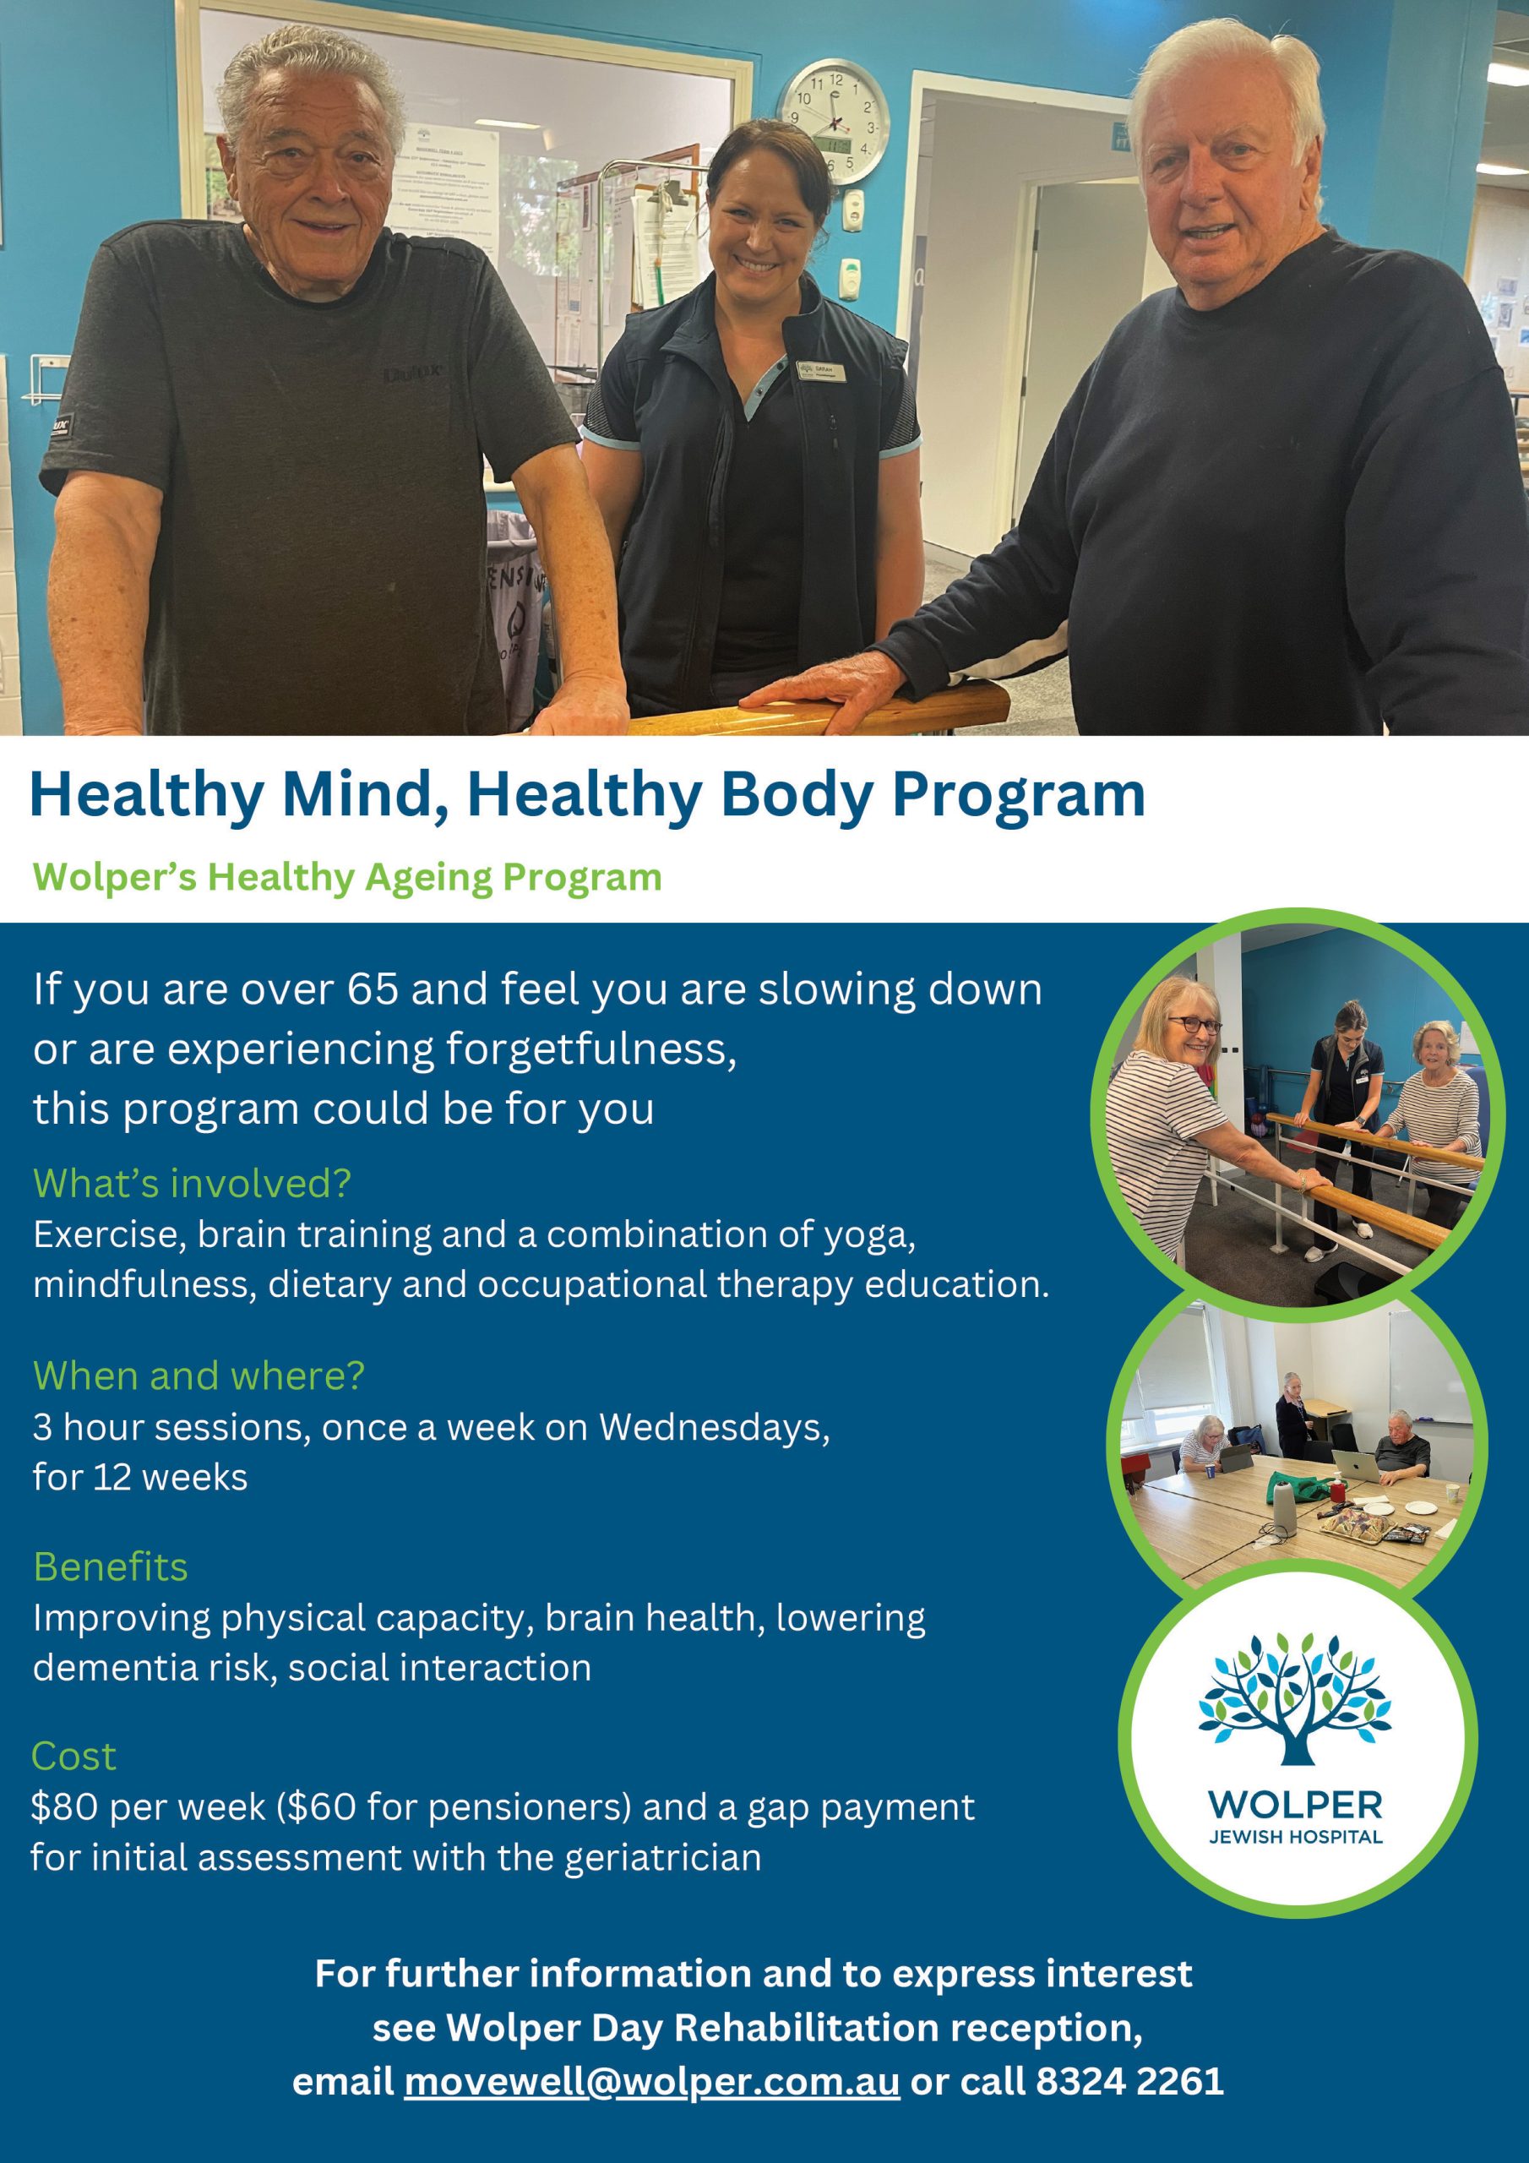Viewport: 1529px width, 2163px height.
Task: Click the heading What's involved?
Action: (x=193, y=1183)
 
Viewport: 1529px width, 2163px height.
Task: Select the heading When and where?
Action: (x=199, y=1376)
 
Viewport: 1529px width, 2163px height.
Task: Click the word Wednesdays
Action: (x=714, y=1427)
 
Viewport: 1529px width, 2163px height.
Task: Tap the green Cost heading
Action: (x=74, y=1756)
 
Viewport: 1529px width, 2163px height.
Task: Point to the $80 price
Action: (x=65, y=1807)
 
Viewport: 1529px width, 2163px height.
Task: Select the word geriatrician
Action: (x=662, y=1858)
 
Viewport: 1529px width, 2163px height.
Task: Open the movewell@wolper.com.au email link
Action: (x=652, y=2080)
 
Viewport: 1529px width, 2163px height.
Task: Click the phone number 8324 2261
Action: (x=1129, y=2080)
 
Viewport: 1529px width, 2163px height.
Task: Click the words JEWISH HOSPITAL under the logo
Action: (x=1295, y=1836)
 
